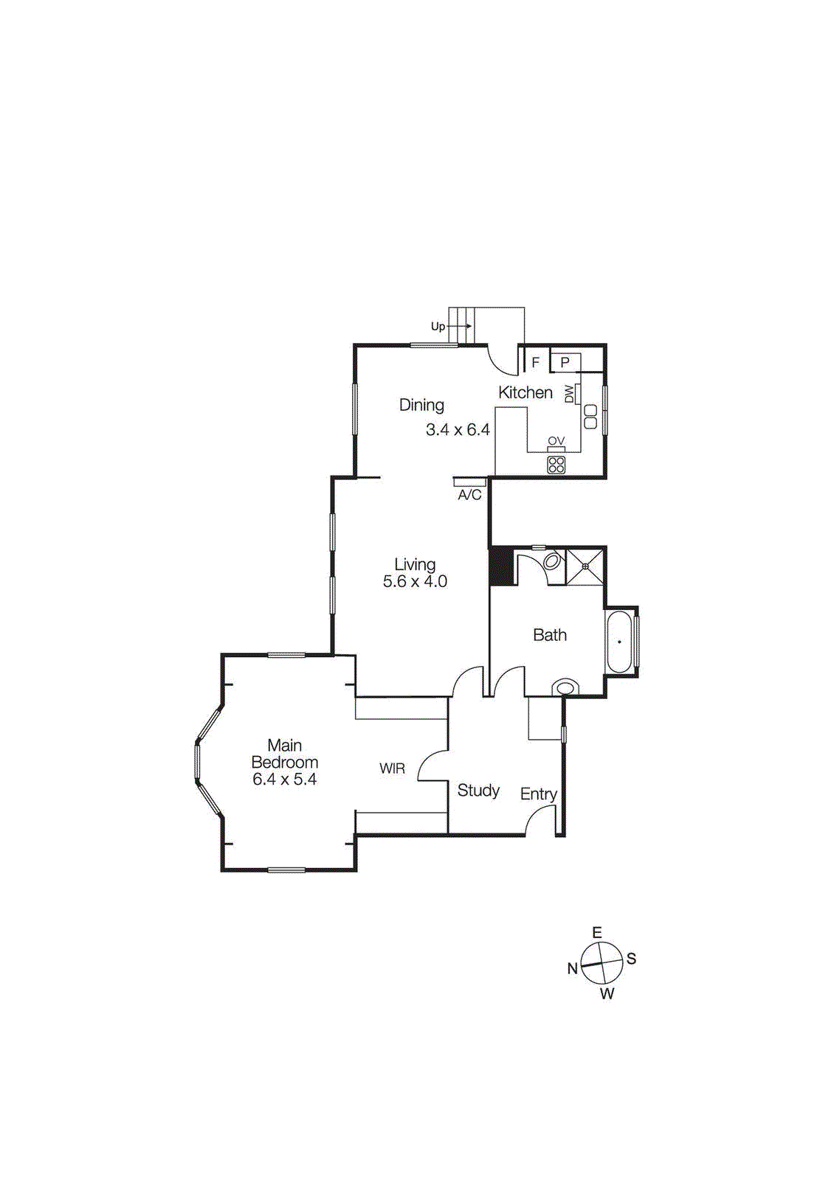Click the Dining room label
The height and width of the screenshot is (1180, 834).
[421, 405]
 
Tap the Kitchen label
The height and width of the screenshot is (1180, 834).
[525, 392]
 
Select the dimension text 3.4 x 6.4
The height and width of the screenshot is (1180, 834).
[458, 429]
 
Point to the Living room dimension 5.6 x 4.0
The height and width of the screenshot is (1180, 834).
[415, 581]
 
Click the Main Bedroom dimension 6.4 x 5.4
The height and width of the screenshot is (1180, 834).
[284, 780]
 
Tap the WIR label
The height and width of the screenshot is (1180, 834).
[392, 768]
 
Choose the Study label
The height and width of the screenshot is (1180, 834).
[478, 791]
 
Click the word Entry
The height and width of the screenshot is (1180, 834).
[538, 794]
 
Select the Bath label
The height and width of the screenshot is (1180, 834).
[550, 635]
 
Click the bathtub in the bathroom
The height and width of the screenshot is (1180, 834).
[619, 642]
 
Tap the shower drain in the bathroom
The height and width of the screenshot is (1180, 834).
[585, 566]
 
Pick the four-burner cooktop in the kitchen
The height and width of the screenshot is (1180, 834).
[556, 465]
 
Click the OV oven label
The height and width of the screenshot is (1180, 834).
[556, 441]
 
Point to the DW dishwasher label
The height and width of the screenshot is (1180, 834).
[569, 394]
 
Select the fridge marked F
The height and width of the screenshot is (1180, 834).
[536, 362]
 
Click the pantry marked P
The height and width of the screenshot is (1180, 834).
[565, 362]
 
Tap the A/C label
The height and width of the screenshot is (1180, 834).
[469, 495]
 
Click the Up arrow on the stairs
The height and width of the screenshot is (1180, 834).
[459, 326]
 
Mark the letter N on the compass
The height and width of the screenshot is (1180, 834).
[572, 968]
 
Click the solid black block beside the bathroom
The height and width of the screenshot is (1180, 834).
[502, 566]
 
